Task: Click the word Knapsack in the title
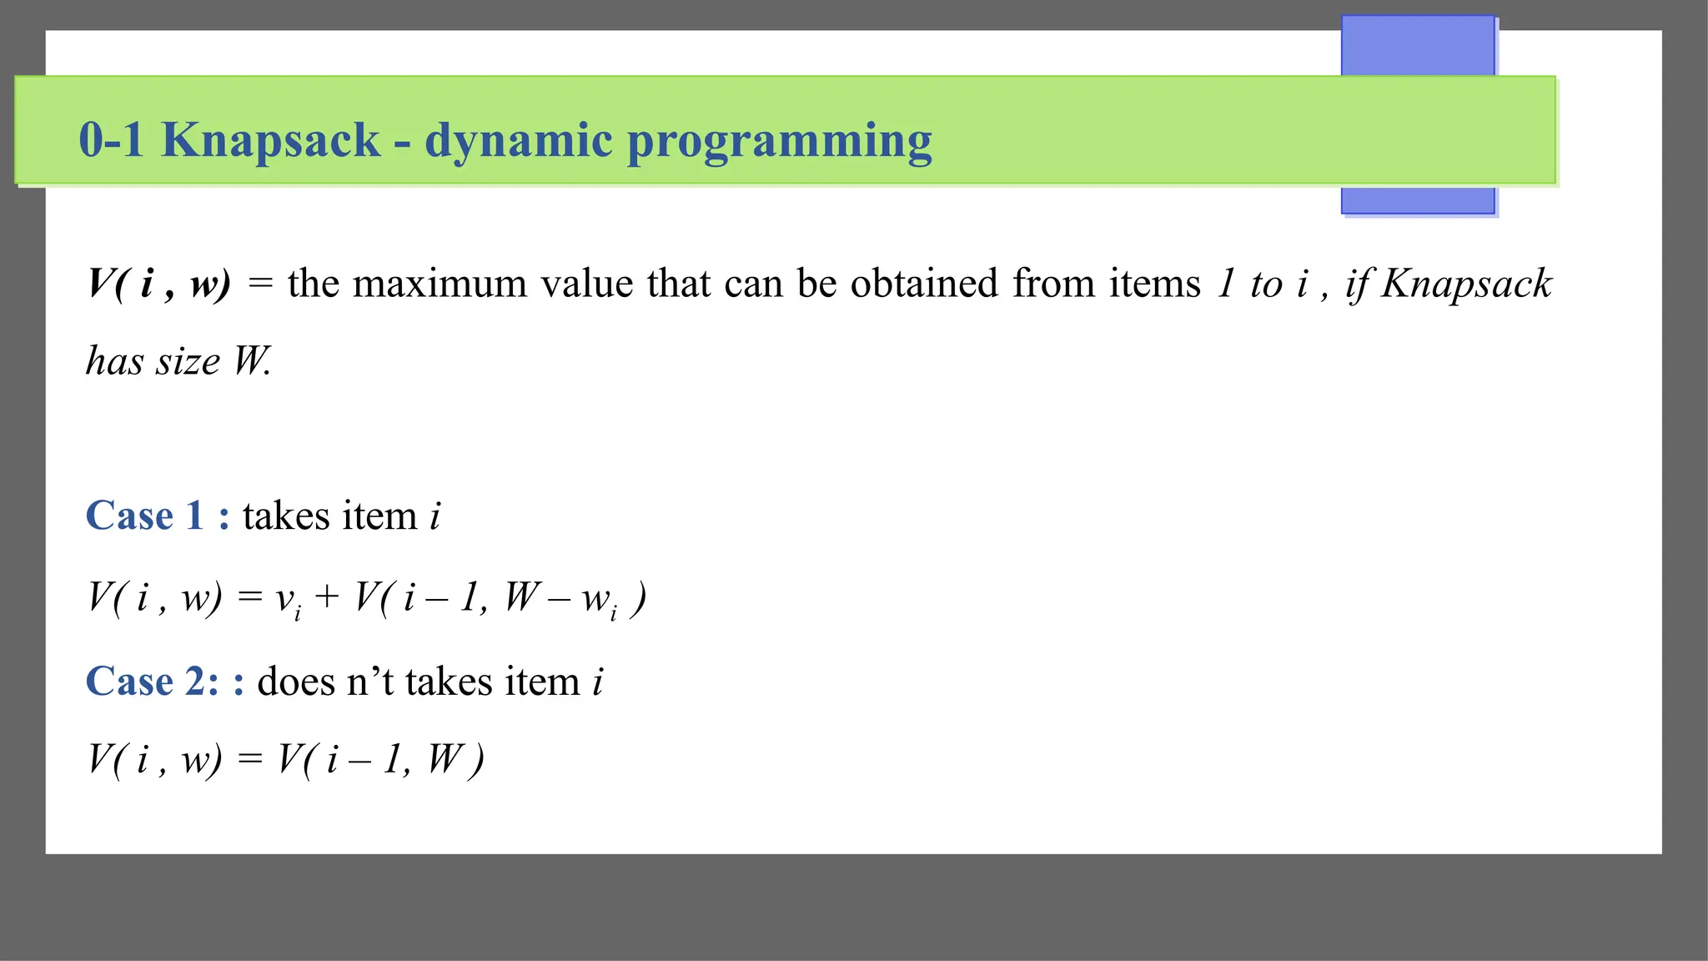pos(270,140)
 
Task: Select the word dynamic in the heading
pos(519,140)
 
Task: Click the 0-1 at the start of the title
pos(112,139)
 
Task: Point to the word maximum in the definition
pos(440,284)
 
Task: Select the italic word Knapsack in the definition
pos(1466,284)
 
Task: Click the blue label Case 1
pos(145,516)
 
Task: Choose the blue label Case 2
pos(152,682)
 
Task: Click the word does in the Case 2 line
pos(296,682)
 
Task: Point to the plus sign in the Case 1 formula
pos(327,597)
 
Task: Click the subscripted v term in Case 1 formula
pos(289,601)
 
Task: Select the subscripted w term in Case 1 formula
pos(600,601)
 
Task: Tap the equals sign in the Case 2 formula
pos(250,759)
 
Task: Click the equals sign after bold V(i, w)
pos(260,284)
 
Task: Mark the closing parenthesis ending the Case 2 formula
pos(476,761)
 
